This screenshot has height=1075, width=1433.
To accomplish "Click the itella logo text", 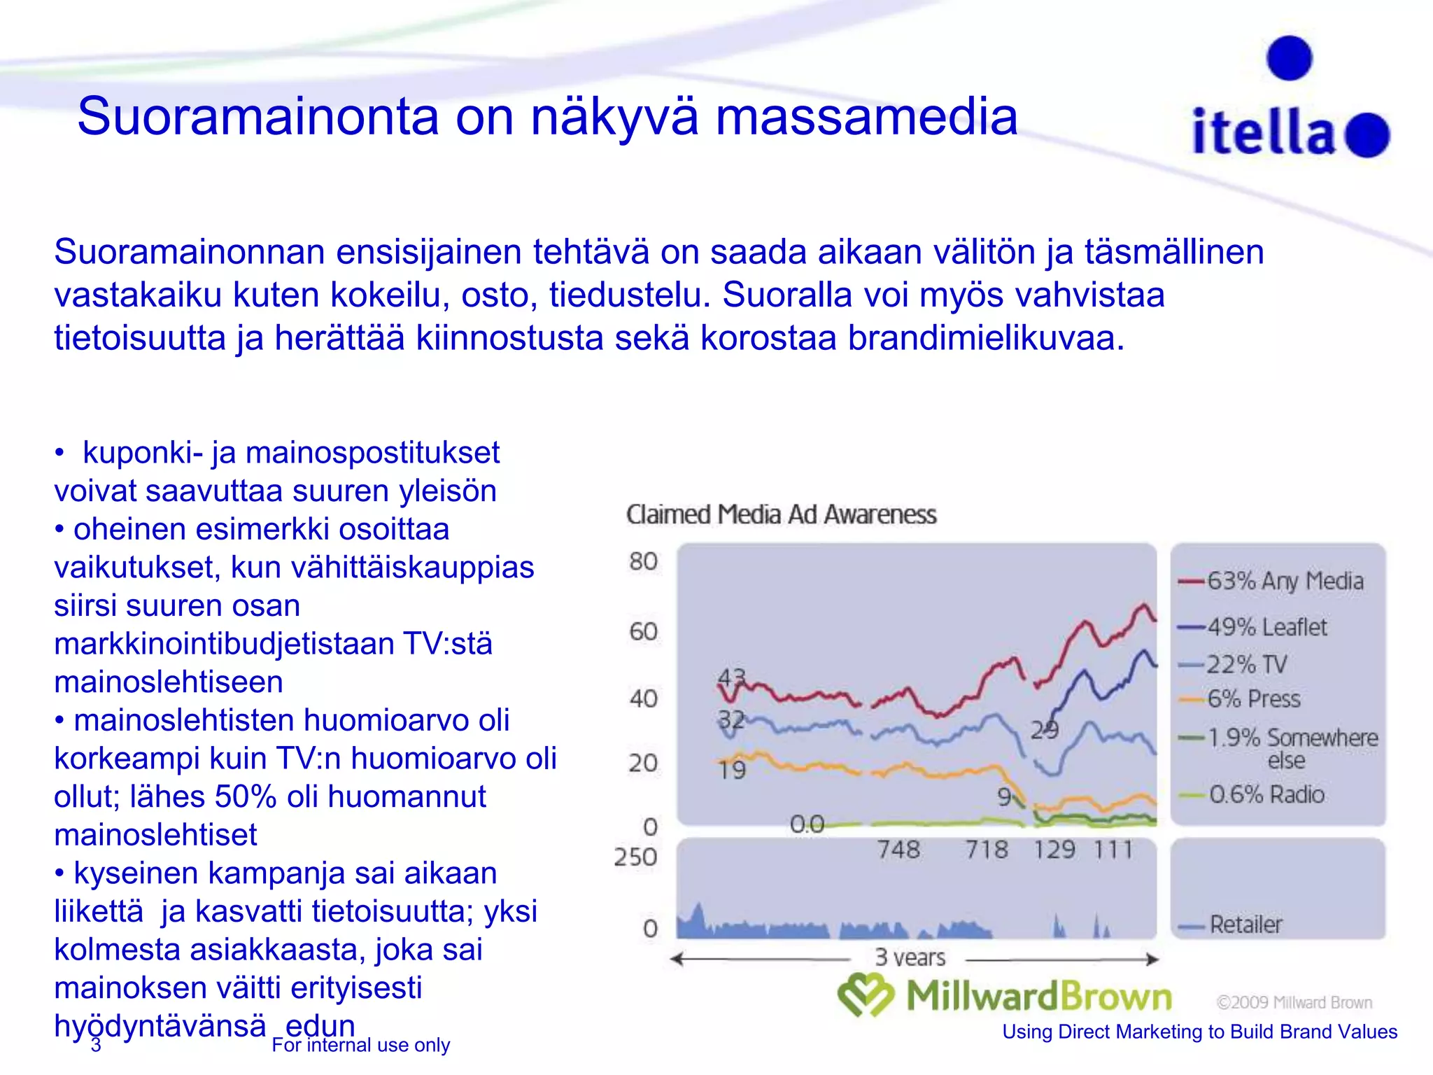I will click(x=1263, y=132).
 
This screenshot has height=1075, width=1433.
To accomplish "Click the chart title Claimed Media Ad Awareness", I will click(x=781, y=514).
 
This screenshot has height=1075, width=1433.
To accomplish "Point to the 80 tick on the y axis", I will click(x=643, y=561).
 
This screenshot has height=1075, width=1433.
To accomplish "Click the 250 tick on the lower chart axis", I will click(x=635, y=857).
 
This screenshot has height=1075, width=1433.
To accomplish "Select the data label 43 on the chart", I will click(x=732, y=677).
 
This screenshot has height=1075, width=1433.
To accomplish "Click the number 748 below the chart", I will click(x=898, y=850).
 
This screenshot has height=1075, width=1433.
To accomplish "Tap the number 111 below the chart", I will click(x=1113, y=850).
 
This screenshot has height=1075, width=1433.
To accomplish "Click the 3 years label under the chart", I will click(x=910, y=957).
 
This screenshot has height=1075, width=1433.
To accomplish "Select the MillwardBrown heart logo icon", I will click(x=866, y=995).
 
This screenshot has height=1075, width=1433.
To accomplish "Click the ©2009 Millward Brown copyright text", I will click(x=1294, y=1002).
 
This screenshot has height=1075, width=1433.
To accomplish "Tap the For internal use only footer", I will click(x=360, y=1045).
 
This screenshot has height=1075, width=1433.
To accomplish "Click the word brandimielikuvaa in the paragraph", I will click(x=986, y=338).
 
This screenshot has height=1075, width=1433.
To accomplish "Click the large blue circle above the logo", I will click(x=1289, y=58).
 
